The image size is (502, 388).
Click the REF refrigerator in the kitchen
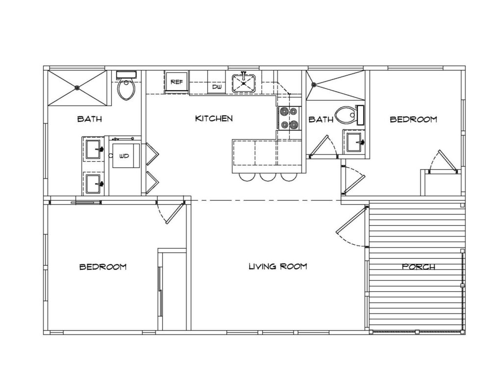[x=176, y=82]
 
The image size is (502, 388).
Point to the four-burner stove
[x=289, y=118]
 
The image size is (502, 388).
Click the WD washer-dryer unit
[x=125, y=155]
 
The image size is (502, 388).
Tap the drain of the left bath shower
[x=77, y=87]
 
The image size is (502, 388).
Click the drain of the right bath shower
[x=314, y=85]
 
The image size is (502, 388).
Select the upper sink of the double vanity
[x=94, y=149]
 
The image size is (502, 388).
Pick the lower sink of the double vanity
[x=94, y=184]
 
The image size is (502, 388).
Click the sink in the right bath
[x=355, y=142]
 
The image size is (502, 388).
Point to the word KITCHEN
[x=214, y=119]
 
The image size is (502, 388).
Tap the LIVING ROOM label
[x=278, y=266]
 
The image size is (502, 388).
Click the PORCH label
[x=419, y=266]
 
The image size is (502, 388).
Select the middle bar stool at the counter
[x=267, y=177]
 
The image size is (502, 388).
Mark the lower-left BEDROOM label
[x=103, y=266]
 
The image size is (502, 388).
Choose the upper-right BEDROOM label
[x=413, y=119]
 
